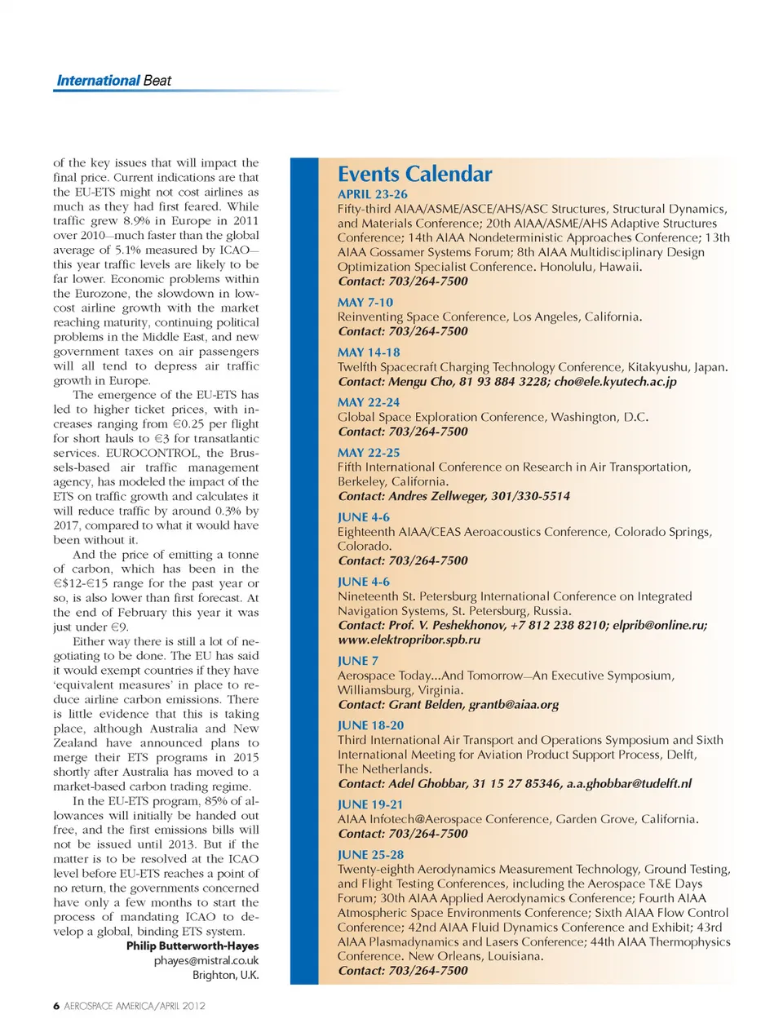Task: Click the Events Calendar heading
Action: pyautogui.click(x=414, y=174)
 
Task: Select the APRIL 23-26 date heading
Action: pyautogui.click(x=372, y=194)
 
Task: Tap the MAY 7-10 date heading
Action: pyautogui.click(x=365, y=302)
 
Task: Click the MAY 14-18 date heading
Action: pyautogui.click(x=369, y=352)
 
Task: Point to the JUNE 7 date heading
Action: pyautogui.click(x=357, y=661)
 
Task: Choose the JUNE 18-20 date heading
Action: pyautogui.click(x=370, y=725)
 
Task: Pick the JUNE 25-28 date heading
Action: pyautogui.click(x=370, y=854)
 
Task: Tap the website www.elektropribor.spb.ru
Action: pyautogui.click(x=409, y=640)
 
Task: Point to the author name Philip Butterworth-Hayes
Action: pyautogui.click(x=192, y=946)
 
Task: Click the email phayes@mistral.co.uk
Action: pyautogui.click(x=206, y=961)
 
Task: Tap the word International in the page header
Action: pyautogui.click(x=98, y=81)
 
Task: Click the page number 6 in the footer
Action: pyautogui.click(x=56, y=1006)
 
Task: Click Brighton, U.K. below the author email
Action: pyautogui.click(x=225, y=976)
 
